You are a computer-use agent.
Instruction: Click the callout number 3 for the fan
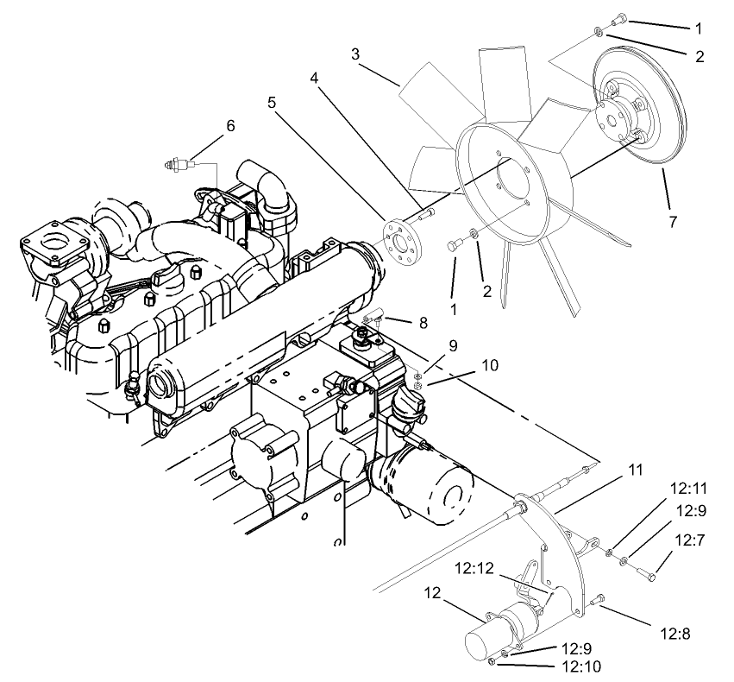pos(355,54)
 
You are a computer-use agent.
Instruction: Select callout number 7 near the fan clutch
pos(672,222)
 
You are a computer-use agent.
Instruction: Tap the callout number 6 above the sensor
pos(229,125)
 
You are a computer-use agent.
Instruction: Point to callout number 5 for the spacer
pos(272,101)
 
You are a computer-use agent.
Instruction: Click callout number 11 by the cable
pos(636,470)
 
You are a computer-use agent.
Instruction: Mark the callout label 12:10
pos(582,666)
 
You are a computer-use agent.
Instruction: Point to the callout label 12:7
pos(690,540)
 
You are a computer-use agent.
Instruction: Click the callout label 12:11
pos(690,489)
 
